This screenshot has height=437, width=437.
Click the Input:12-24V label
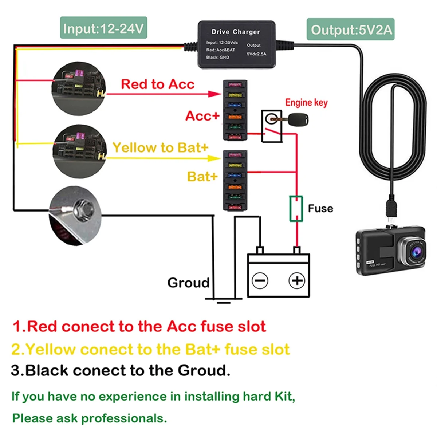103,28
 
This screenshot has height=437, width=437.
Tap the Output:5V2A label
351,29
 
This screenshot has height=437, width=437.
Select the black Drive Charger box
236,44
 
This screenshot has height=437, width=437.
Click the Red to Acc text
157,84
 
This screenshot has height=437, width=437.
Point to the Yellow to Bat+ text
160,147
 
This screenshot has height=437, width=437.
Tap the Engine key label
306,103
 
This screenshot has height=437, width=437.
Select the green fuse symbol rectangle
296,209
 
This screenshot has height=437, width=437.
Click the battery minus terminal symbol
260,281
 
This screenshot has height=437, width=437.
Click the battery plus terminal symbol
297,281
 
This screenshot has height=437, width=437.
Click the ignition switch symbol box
272,126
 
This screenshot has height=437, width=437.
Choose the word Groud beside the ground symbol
188,283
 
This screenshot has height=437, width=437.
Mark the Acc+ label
202,116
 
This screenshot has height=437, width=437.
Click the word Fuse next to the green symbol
320,208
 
